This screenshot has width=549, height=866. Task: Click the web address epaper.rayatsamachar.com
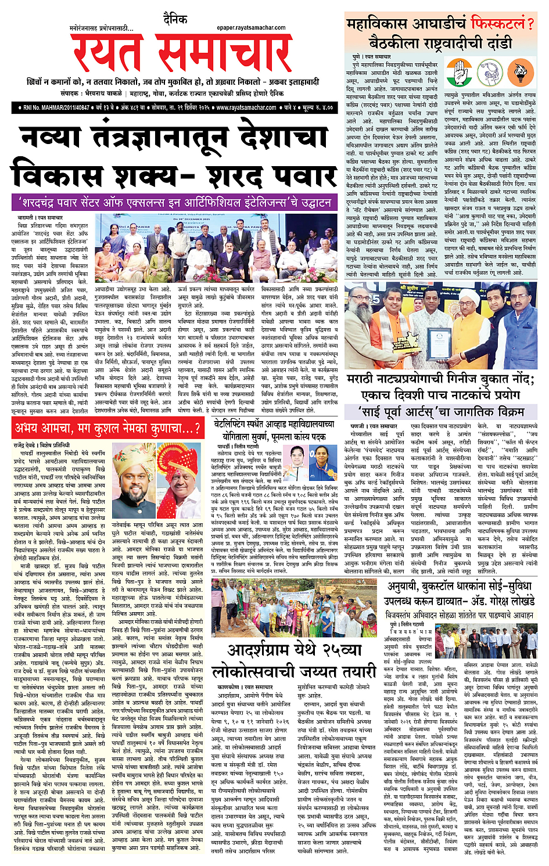(251, 27)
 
